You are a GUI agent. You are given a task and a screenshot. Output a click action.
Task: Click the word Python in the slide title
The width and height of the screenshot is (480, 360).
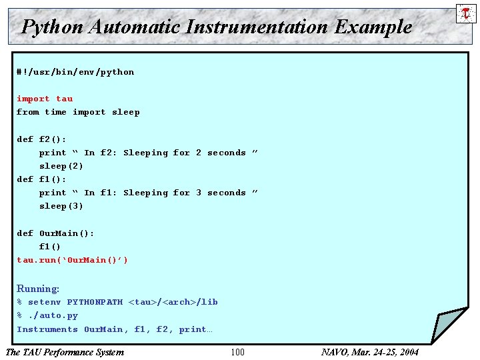click(x=52, y=27)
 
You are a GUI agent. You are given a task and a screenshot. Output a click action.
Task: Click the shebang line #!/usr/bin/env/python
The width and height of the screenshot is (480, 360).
click(x=75, y=72)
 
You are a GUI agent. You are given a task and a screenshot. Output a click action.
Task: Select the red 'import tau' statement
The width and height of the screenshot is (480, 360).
click(x=45, y=99)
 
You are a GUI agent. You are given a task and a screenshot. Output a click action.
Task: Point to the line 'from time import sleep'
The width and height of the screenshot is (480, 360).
click(x=78, y=112)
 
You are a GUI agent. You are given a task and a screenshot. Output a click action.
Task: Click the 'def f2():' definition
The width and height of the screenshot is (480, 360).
click(x=41, y=139)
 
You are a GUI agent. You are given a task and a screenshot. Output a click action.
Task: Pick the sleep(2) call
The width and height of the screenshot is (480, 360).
click(x=61, y=166)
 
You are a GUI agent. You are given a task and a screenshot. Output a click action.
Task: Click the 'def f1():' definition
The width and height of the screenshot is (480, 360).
click(x=41, y=179)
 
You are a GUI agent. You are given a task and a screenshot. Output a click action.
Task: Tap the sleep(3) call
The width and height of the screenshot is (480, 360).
click(x=61, y=206)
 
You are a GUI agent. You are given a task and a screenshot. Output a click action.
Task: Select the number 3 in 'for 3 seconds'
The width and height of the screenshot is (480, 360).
click(x=198, y=193)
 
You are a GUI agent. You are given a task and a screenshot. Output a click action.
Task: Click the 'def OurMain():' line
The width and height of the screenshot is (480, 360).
click(x=55, y=233)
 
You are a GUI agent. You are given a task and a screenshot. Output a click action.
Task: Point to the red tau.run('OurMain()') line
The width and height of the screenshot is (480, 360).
click(x=72, y=260)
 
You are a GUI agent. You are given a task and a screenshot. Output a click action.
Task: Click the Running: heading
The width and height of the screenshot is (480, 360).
click(x=38, y=289)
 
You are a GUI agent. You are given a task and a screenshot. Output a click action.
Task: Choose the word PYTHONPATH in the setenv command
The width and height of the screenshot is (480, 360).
click(x=95, y=302)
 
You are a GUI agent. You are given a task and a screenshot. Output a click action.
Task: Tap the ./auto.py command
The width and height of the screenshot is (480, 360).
click(x=53, y=315)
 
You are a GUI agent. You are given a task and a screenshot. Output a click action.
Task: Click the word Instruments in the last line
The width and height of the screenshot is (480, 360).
click(x=47, y=329)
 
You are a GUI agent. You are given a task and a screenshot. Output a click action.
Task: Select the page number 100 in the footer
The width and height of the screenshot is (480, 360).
click(x=237, y=352)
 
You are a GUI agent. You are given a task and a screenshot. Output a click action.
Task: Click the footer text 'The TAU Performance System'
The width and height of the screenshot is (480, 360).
click(x=65, y=352)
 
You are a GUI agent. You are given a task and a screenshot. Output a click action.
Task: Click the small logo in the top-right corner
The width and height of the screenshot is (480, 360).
click(x=465, y=13)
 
